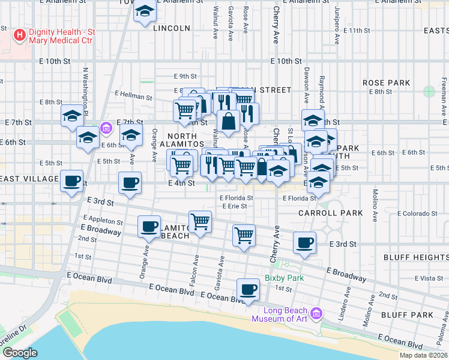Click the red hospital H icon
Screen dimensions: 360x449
coord(20,35)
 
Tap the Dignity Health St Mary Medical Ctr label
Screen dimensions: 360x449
coord(66,40)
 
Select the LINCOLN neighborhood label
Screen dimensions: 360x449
coord(171,28)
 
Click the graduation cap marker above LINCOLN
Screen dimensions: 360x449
coord(145,13)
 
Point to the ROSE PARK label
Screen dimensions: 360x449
coord(386,83)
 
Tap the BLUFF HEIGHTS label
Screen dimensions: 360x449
coord(416,257)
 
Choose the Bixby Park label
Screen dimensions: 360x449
coord(285,278)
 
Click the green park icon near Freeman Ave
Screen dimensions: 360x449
coord(429,91)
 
